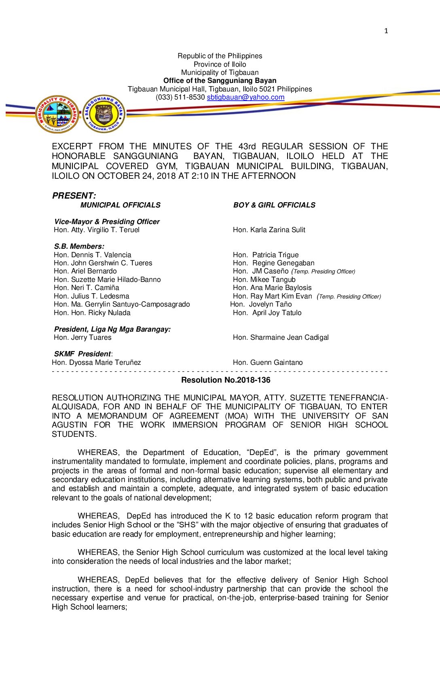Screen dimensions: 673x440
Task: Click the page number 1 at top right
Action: (386, 31)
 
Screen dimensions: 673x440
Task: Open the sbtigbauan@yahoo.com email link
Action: (245, 97)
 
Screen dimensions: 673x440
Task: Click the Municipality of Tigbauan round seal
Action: (57, 114)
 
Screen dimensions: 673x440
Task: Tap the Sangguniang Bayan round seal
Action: (104, 114)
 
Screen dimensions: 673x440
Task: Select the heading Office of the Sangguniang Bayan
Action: (220, 80)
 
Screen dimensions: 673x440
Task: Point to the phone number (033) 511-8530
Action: (180, 97)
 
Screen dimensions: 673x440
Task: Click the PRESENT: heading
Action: (74, 196)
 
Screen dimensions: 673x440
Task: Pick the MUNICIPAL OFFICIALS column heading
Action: (120, 205)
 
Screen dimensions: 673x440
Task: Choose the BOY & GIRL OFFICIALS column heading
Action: (274, 205)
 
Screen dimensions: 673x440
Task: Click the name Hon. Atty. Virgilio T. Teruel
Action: (97, 230)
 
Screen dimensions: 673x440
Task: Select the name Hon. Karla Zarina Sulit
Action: (269, 230)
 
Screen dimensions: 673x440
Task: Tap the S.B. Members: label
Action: (79, 246)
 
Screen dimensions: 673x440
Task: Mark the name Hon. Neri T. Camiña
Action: (87, 288)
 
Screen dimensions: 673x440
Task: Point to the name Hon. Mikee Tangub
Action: (264, 279)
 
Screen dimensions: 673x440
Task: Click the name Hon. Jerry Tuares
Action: (82, 337)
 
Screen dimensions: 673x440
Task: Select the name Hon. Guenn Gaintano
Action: (268, 362)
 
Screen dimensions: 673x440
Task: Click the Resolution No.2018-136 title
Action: (226, 380)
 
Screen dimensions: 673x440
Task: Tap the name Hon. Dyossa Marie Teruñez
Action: (96, 362)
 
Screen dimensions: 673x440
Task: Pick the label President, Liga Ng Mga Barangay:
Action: (112, 329)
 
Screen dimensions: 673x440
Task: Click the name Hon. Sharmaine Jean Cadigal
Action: (281, 337)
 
